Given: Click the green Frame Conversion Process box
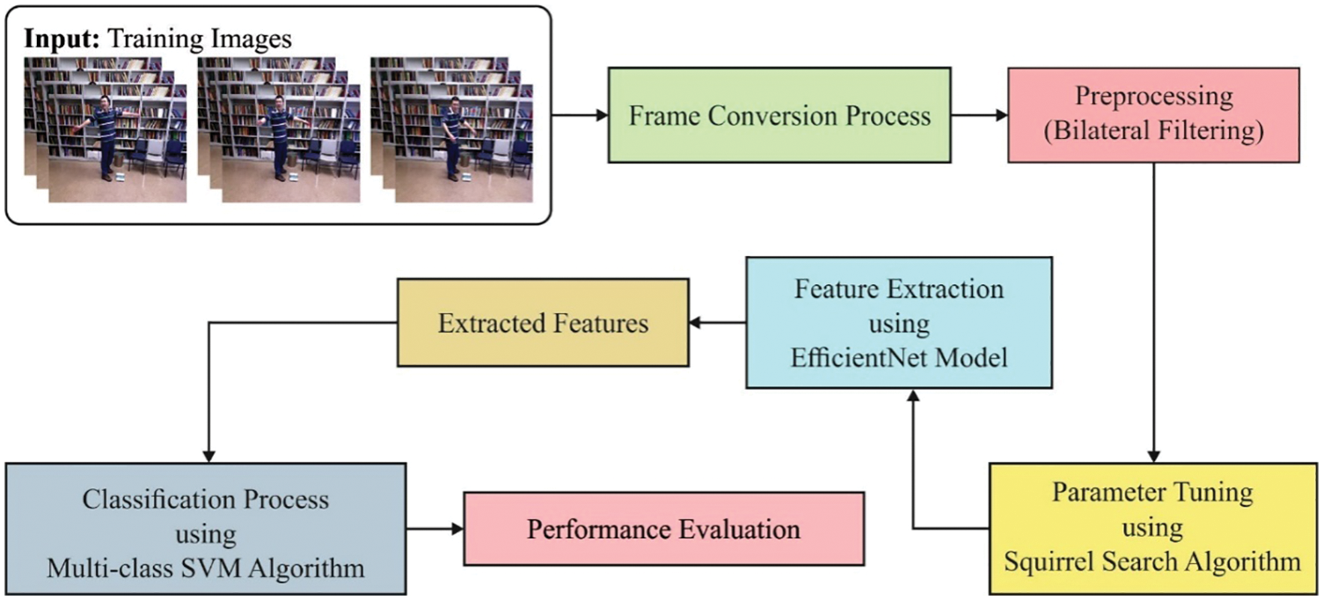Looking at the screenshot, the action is (x=779, y=115).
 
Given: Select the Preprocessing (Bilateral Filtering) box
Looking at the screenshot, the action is (x=1153, y=115).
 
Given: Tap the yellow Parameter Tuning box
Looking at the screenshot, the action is (x=1153, y=529).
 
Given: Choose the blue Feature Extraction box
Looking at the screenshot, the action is (x=899, y=323).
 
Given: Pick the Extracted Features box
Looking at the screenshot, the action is (x=543, y=323).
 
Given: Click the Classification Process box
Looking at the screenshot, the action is (x=206, y=529).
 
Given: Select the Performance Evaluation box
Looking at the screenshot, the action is (x=664, y=529).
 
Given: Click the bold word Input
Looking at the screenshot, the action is (x=62, y=39).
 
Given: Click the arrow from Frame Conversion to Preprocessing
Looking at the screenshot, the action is (x=979, y=115).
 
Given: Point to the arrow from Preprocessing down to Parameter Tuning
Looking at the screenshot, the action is (x=1153, y=313).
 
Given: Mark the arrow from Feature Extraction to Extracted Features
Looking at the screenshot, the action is (x=717, y=323).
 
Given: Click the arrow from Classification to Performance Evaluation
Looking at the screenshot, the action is (x=435, y=529).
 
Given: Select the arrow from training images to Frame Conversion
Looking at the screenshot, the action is (x=580, y=115).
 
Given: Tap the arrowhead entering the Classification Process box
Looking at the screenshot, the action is (x=208, y=457).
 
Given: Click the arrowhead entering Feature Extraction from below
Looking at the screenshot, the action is (x=913, y=396).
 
